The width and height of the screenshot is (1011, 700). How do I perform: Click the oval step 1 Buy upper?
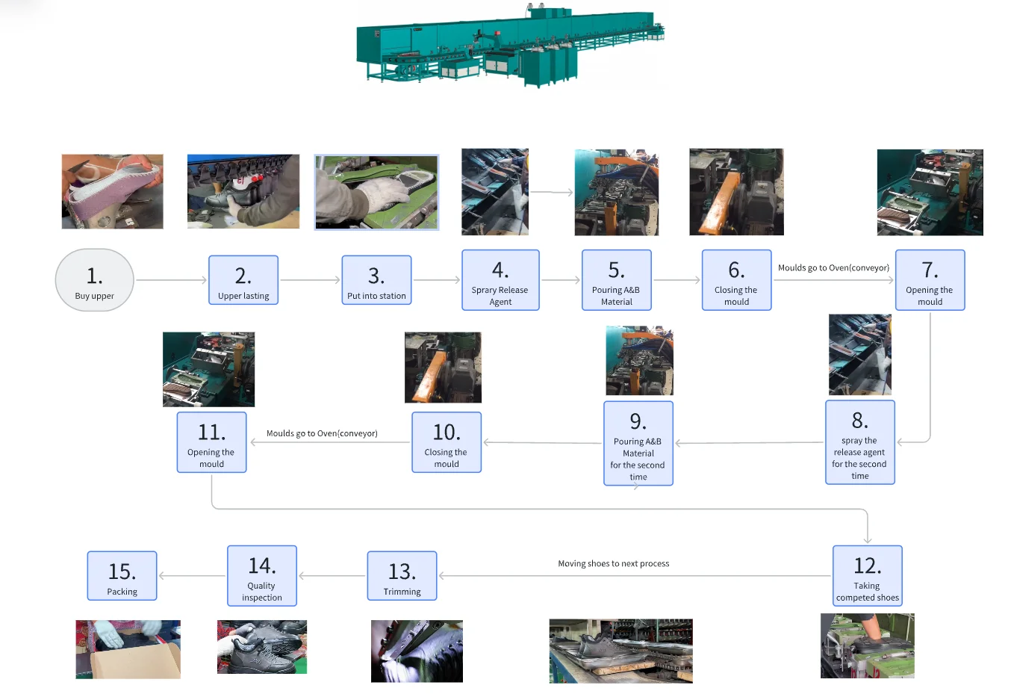coord(95,280)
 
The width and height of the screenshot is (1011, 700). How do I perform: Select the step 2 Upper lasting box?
coord(243,280)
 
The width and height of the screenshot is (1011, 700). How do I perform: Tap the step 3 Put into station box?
coord(376,280)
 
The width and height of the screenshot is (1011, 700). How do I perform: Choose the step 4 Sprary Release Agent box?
coord(500,280)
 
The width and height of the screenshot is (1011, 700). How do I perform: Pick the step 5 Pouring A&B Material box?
coord(617,280)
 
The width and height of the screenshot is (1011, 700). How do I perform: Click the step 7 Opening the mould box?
coord(930,280)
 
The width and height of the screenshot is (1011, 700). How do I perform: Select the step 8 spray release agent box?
coord(859,442)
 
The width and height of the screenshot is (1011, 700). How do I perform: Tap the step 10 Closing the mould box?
coord(447,442)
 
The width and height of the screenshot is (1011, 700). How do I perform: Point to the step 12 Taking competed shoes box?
coord(868,575)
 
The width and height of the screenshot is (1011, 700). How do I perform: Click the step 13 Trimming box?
coord(402,576)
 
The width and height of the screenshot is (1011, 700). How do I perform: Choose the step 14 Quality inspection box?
coord(262,575)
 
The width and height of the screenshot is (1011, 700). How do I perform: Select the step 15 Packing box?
coord(122,576)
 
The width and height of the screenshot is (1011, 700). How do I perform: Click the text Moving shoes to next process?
coord(614,563)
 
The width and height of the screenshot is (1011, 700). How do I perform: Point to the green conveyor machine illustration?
coord(510,45)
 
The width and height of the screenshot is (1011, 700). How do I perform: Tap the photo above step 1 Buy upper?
coord(112,191)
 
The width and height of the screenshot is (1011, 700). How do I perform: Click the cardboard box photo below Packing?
coord(128,649)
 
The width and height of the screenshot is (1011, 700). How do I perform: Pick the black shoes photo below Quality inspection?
coord(262,647)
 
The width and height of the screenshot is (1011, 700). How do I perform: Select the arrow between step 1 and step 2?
coord(171,280)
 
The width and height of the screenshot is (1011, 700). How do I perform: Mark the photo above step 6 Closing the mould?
coord(736,192)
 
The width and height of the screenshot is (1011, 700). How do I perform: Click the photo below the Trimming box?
coord(417,651)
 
